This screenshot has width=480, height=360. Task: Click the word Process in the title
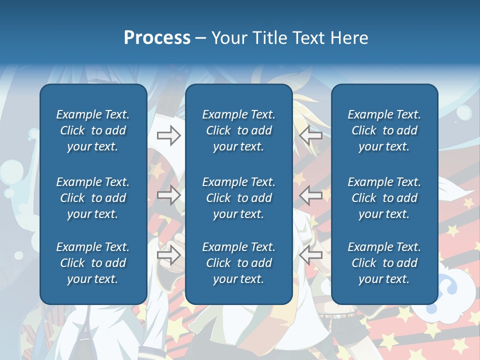[x=157, y=38]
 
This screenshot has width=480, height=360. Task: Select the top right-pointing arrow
[x=168, y=135]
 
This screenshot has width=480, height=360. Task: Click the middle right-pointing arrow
[x=168, y=195]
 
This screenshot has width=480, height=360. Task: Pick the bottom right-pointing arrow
[x=168, y=255]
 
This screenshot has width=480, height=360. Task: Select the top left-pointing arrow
[x=310, y=135]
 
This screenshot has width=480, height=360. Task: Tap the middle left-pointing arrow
[x=310, y=195]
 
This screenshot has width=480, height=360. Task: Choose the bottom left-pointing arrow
[x=310, y=255]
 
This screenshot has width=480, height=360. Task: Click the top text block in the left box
[x=93, y=130]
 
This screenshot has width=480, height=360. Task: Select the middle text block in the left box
[x=93, y=198]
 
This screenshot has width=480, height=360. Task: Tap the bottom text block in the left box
[x=93, y=263]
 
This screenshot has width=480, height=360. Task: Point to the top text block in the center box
[x=238, y=130]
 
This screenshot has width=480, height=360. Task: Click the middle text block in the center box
[x=238, y=198]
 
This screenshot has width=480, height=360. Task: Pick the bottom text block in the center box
[x=238, y=263]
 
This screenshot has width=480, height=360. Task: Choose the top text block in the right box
[x=384, y=130]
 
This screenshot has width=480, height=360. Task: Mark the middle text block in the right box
[x=384, y=198]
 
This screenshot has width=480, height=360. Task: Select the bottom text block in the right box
[x=384, y=263]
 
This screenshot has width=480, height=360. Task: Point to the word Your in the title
[x=229, y=38]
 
